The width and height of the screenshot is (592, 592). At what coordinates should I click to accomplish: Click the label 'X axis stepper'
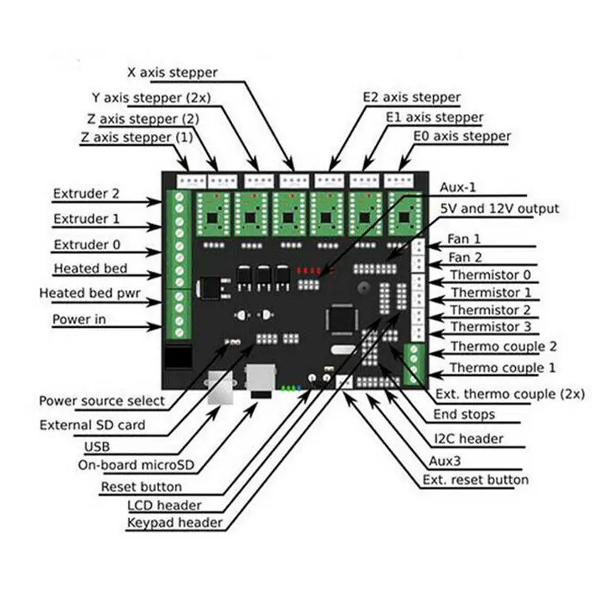coord(172,73)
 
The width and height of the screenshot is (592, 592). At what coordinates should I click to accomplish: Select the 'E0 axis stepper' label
coord(462,137)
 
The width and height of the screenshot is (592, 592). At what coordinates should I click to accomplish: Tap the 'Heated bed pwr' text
coord(90,294)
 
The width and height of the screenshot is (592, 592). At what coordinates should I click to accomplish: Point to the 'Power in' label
coord(81,320)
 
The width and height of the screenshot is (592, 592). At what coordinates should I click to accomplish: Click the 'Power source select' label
coord(102,400)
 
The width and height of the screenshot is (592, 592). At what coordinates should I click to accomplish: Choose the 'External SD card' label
coord(92,425)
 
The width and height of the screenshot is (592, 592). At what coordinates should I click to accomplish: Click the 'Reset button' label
coord(141,487)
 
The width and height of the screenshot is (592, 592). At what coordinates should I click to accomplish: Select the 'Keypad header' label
coord(175,522)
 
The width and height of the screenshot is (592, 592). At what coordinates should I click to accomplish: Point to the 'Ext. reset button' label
coord(476,480)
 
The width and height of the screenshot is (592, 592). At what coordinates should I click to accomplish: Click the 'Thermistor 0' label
coord(485,275)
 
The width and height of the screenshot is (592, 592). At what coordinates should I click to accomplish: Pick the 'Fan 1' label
coord(464,240)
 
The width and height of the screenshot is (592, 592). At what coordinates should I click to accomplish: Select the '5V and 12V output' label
coord(499,209)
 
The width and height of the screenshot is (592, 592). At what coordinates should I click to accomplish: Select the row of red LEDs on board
coord(309,269)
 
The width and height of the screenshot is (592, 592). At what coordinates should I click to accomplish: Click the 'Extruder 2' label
coord(86,194)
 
